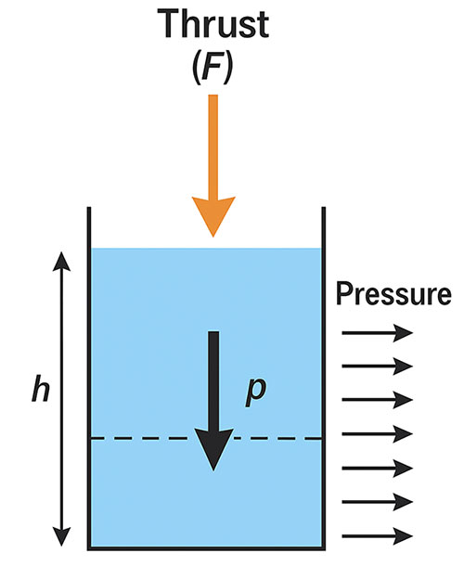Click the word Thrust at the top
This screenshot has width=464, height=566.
tap(213, 26)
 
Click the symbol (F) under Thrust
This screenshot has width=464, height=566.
tap(213, 69)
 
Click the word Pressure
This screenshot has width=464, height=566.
tap(393, 296)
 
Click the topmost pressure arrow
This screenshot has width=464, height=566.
tap(376, 331)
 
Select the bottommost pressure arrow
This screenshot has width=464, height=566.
tap(376, 535)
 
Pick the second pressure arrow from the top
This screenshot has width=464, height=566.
tap(376, 366)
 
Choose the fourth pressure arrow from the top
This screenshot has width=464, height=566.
tap(376, 433)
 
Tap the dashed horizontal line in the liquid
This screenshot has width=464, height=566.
tap(139, 438)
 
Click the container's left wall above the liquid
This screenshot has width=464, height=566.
tap(89, 227)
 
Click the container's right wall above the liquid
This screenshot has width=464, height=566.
tap(324, 227)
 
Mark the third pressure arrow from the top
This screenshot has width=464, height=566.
tap(376, 400)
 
